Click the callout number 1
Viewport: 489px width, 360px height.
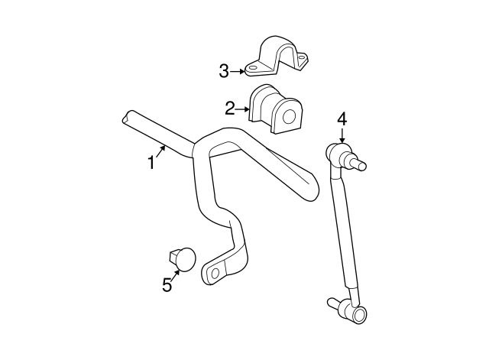click(151, 163)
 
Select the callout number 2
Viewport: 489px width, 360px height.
click(229, 108)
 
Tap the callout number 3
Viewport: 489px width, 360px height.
click(224, 71)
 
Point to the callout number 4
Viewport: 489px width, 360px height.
click(342, 118)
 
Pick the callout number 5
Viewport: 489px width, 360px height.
click(167, 284)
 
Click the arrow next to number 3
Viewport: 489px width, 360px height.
click(238, 72)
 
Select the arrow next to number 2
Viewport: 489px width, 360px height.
click(244, 109)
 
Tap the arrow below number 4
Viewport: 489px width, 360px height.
click(342, 135)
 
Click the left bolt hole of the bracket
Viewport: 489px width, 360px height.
click(252, 71)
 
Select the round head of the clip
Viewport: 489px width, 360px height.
click(185, 258)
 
